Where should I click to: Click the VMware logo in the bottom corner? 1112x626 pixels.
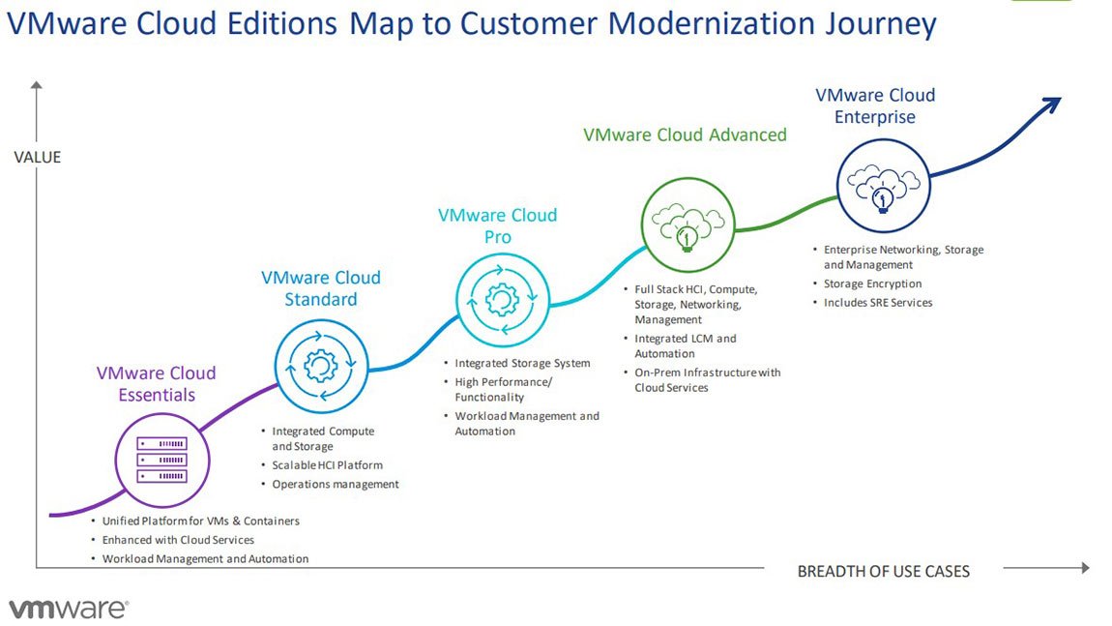(68, 609)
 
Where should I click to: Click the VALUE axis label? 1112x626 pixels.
(38, 157)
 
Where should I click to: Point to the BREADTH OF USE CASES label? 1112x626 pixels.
(883, 571)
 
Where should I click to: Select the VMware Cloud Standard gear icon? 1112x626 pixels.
(321, 365)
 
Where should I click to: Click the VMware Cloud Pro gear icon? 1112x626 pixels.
(501, 301)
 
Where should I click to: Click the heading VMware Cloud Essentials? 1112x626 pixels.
(156, 383)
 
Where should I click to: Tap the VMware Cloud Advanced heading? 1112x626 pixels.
(685, 134)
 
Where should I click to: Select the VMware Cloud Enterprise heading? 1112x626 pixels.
(875, 105)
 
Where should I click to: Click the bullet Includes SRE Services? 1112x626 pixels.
(877, 303)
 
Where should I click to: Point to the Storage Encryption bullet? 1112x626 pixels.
(872, 283)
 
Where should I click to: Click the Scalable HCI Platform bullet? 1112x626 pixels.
(327, 465)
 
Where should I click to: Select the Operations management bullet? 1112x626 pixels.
(335, 484)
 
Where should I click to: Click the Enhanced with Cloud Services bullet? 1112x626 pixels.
(178, 540)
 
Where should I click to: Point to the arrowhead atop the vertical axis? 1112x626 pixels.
(37, 86)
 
